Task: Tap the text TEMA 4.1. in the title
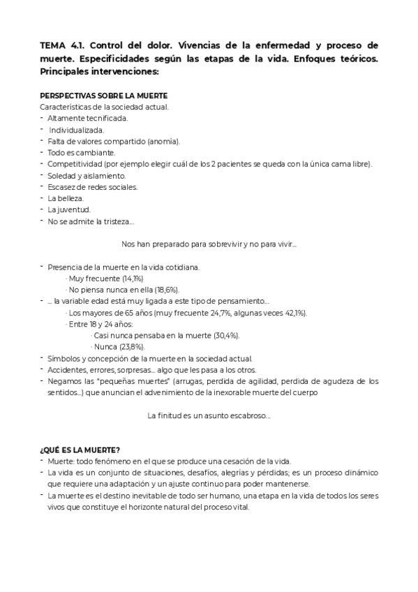point(63,46)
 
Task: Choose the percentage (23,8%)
point(131,346)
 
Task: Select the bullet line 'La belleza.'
point(66,198)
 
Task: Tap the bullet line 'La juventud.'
point(68,209)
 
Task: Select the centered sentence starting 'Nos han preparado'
point(209,244)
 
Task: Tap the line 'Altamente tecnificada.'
point(87,118)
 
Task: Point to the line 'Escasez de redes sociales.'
point(93,186)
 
